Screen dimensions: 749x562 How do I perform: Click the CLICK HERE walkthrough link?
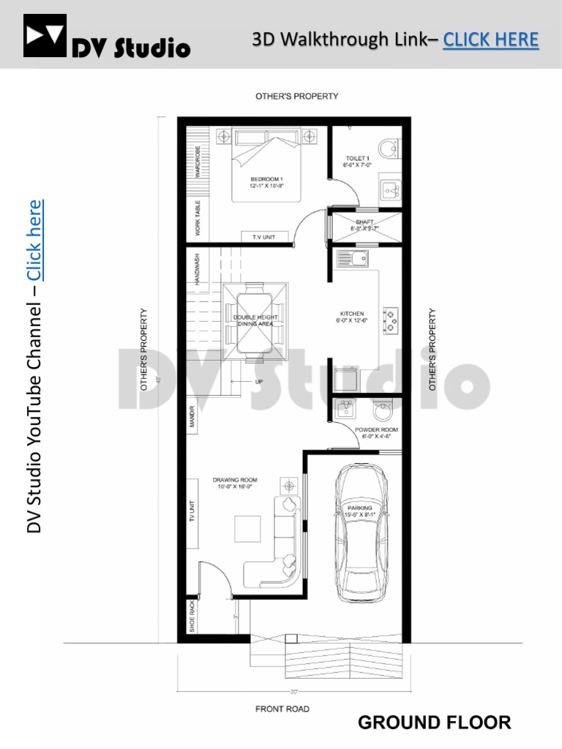click(490, 39)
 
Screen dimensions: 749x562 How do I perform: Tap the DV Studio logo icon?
click(45, 36)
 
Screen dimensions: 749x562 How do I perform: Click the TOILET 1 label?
click(358, 159)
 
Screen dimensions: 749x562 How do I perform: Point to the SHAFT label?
click(364, 222)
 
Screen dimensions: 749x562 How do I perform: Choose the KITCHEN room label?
click(352, 314)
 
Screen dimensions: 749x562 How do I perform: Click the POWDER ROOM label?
click(376, 430)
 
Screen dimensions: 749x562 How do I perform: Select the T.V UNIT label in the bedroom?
click(265, 236)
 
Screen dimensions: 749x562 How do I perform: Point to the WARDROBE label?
click(198, 161)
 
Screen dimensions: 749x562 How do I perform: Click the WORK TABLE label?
click(198, 218)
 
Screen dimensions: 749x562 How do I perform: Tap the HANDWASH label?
click(197, 270)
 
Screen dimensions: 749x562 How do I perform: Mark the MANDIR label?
click(192, 417)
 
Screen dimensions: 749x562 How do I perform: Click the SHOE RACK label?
click(192, 616)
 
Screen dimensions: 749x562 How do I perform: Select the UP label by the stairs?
click(259, 382)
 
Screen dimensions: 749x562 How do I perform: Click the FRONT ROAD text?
click(282, 709)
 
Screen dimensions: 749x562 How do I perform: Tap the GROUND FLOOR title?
click(434, 723)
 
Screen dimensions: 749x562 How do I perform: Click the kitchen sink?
click(352, 258)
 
